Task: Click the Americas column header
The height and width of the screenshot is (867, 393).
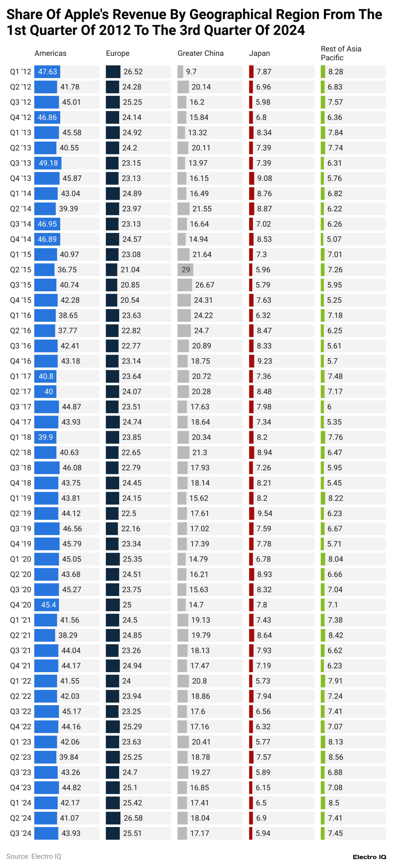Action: [x=50, y=53]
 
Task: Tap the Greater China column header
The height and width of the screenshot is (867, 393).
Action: [x=200, y=53]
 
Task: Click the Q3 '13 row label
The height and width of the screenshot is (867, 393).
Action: [x=20, y=163]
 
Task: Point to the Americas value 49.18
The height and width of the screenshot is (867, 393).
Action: [x=48, y=163]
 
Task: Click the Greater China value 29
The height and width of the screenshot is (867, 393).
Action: [x=186, y=270]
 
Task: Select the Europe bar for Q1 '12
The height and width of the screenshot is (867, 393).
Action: [x=113, y=72]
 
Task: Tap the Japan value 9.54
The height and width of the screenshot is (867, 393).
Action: [x=264, y=513]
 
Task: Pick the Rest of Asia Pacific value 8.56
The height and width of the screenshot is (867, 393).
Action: [x=336, y=757]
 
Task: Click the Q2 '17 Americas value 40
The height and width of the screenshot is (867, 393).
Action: [x=49, y=392]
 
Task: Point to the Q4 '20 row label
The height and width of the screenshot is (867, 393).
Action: [x=20, y=605]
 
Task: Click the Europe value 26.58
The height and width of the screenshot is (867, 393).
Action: [x=133, y=818]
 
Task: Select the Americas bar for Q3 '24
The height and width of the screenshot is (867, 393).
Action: [x=46, y=833]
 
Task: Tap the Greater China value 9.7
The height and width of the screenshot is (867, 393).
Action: [x=191, y=72]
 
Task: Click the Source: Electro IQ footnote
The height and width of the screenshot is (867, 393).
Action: [x=33, y=857]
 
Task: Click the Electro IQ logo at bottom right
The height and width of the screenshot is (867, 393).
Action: [x=369, y=857]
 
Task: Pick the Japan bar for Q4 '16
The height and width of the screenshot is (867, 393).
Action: [x=252, y=361]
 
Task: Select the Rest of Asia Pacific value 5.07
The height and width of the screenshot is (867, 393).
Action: [x=334, y=239]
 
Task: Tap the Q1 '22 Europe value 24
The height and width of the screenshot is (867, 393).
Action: [x=126, y=681]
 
